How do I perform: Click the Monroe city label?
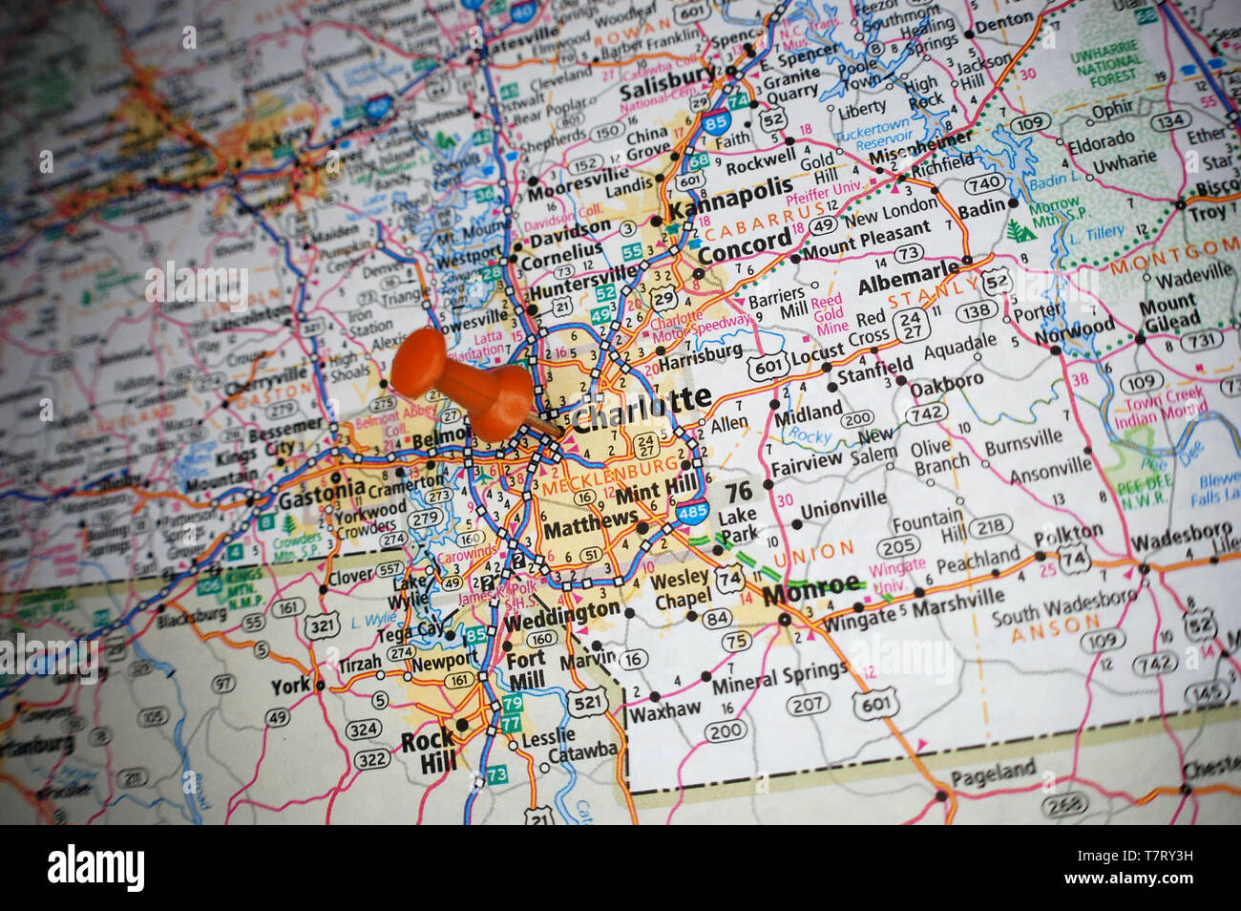811,588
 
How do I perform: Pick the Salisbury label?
666,88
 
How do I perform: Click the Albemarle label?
908,279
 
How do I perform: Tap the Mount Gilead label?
1167,314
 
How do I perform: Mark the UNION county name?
814,553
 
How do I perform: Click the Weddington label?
560,612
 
